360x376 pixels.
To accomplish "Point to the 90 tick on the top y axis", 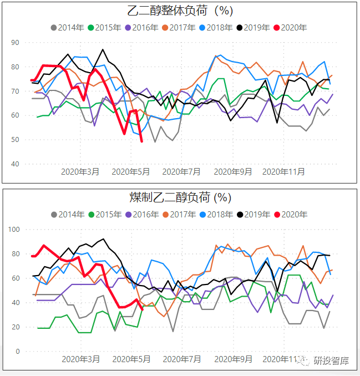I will [15, 43].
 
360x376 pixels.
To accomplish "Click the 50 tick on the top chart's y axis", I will [15, 140].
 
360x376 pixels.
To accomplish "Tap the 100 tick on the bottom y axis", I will [13, 230].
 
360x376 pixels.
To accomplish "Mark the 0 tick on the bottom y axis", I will [17, 352].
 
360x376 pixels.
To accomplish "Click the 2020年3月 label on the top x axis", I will [80, 172].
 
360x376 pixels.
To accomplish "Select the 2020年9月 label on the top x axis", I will [232, 172].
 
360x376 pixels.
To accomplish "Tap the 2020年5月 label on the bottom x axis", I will [131, 359].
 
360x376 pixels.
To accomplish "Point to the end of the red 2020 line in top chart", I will [141, 141].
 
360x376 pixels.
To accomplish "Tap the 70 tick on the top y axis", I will [15, 91].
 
